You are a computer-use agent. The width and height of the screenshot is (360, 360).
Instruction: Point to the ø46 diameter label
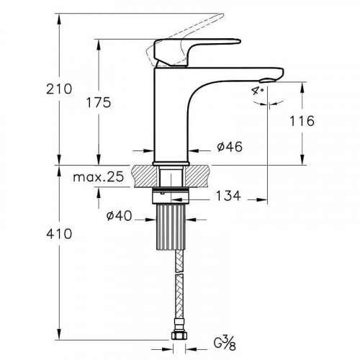229,147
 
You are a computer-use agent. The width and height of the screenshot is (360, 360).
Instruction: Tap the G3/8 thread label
225,340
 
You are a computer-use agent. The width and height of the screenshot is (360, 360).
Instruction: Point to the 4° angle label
258,91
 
